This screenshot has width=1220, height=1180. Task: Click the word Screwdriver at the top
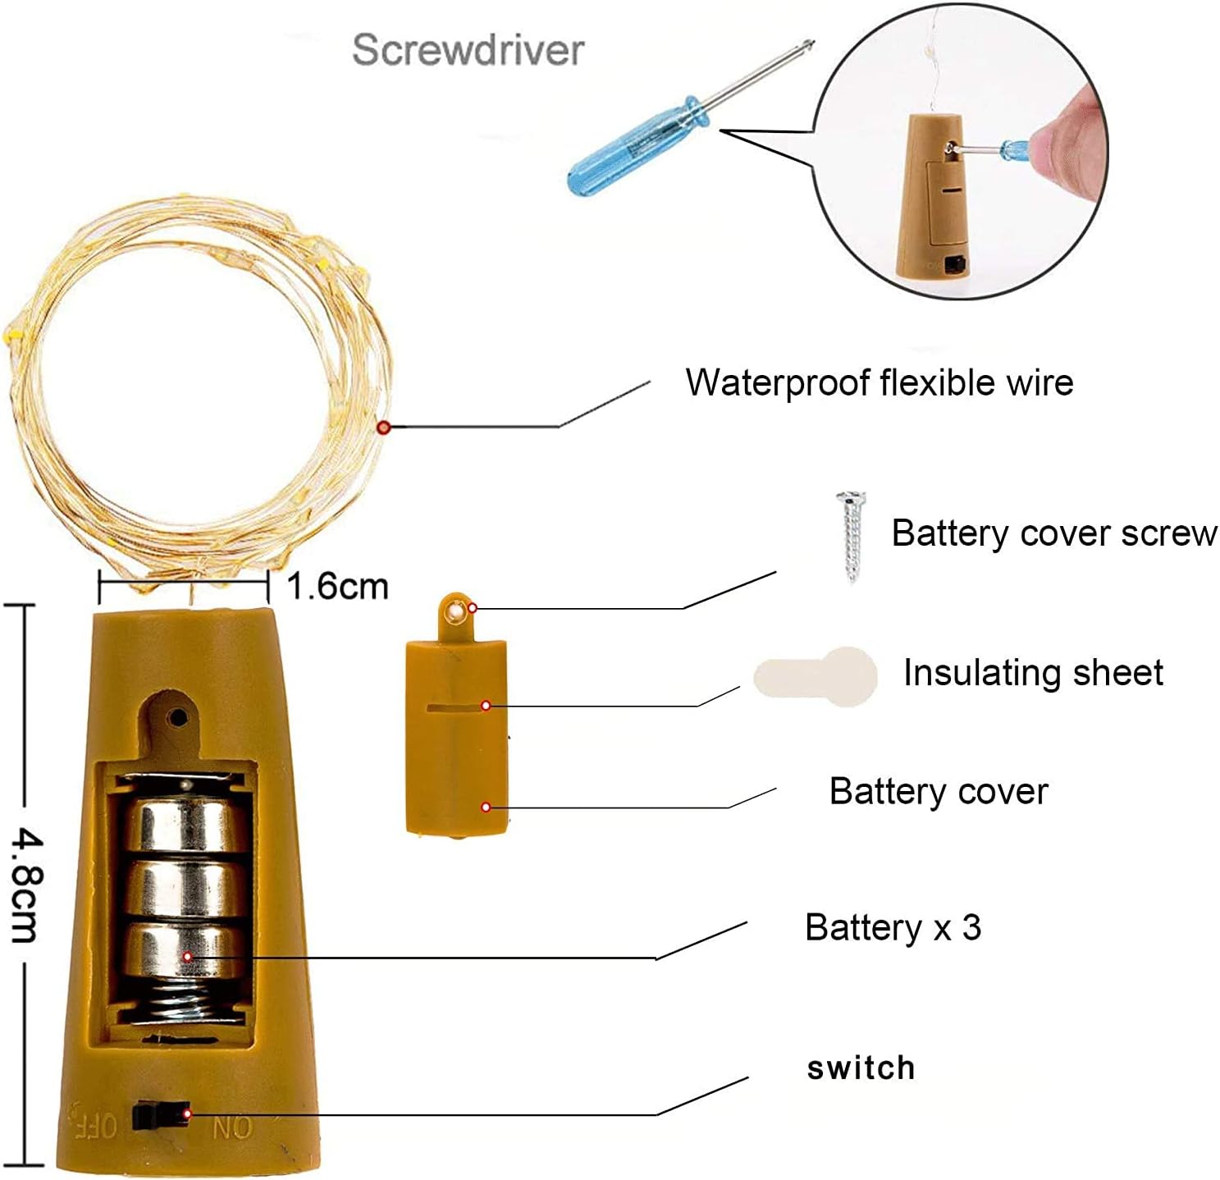coord(468,50)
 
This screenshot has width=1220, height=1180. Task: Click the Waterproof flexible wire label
coord(879,382)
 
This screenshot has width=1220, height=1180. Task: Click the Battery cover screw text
coord(1053,533)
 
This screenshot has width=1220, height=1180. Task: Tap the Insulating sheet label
coord(1033,673)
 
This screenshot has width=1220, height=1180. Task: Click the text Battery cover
coord(938,792)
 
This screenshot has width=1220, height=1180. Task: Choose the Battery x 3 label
coord(893,927)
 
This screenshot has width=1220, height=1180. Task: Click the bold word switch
coord(861,1068)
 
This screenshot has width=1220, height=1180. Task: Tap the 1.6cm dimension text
coord(337,587)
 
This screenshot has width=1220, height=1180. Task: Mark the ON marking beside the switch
coord(232,1128)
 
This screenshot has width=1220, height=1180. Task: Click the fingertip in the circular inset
coord(1071,142)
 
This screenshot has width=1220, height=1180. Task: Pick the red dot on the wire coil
coord(383,427)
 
